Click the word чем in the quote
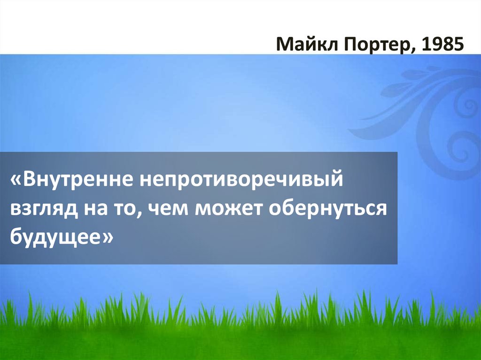[165, 208]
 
